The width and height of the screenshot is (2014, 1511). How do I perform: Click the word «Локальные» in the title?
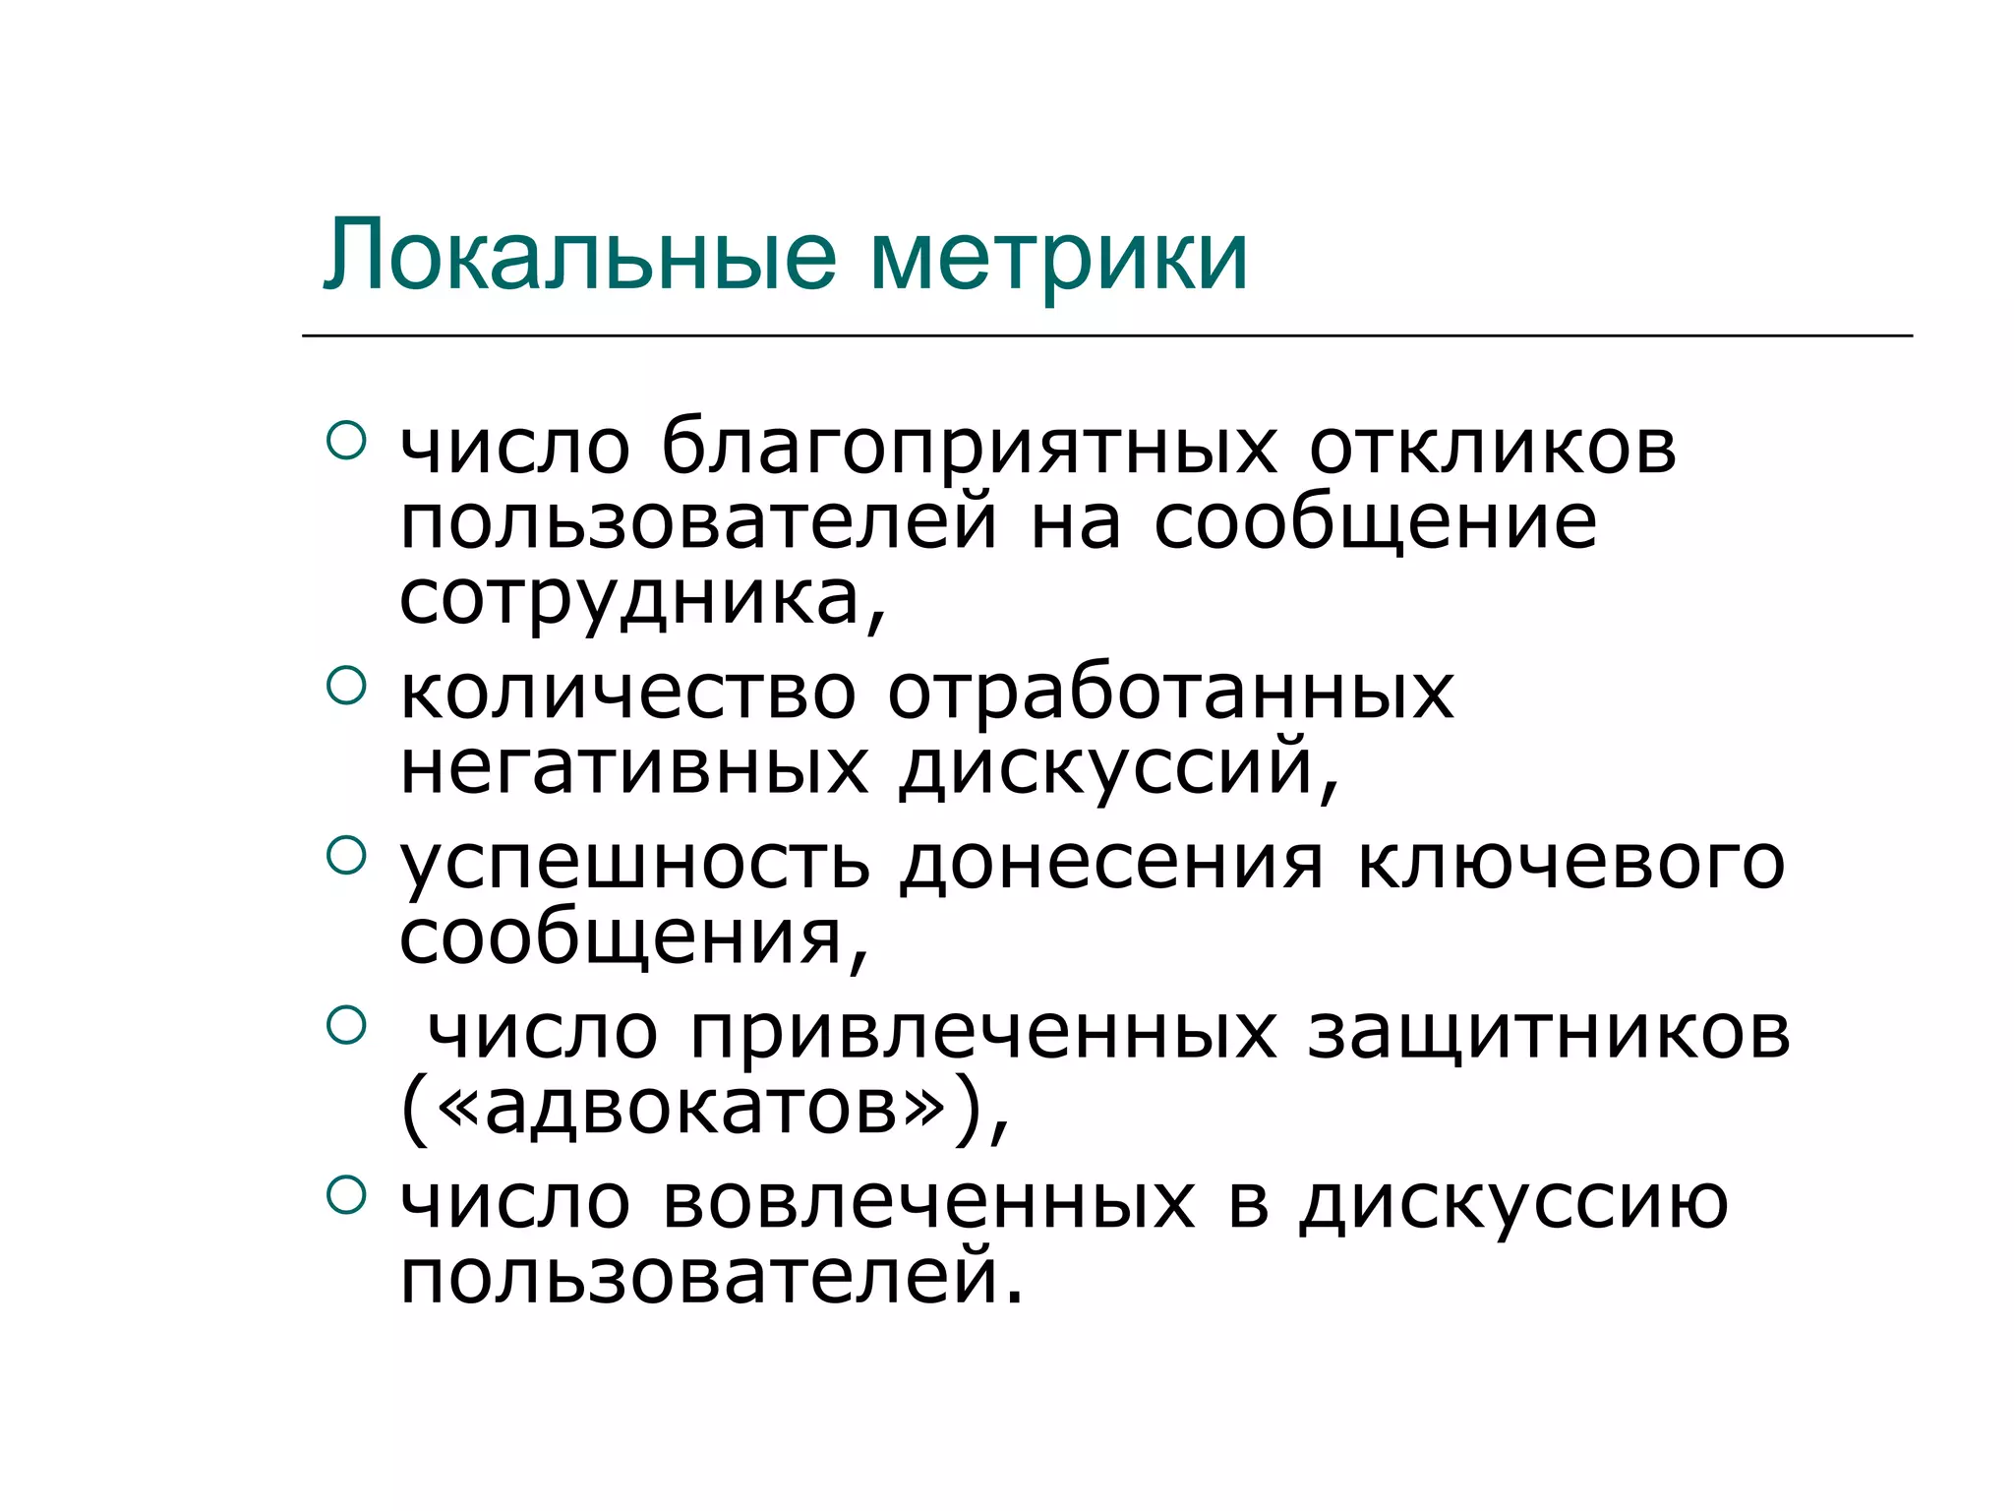coord(580,256)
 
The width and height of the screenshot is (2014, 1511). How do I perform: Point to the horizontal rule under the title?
coord(1106,335)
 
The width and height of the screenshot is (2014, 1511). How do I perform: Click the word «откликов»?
coord(1492,449)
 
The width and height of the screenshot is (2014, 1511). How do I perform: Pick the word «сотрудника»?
coord(629,599)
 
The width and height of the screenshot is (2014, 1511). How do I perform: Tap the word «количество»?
coord(628,694)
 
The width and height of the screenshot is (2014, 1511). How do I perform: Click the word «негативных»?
coord(634,768)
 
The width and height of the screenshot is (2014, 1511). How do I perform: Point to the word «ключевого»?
coord(1570,864)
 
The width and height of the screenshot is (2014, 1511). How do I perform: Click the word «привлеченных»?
coord(983,1036)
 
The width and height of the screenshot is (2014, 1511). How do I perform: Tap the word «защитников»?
coord(1549,1036)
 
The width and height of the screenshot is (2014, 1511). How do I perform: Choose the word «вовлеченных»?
coord(928,1204)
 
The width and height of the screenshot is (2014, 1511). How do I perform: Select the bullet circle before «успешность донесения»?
coord(345,855)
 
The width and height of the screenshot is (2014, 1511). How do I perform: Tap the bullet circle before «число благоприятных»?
coord(345,440)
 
